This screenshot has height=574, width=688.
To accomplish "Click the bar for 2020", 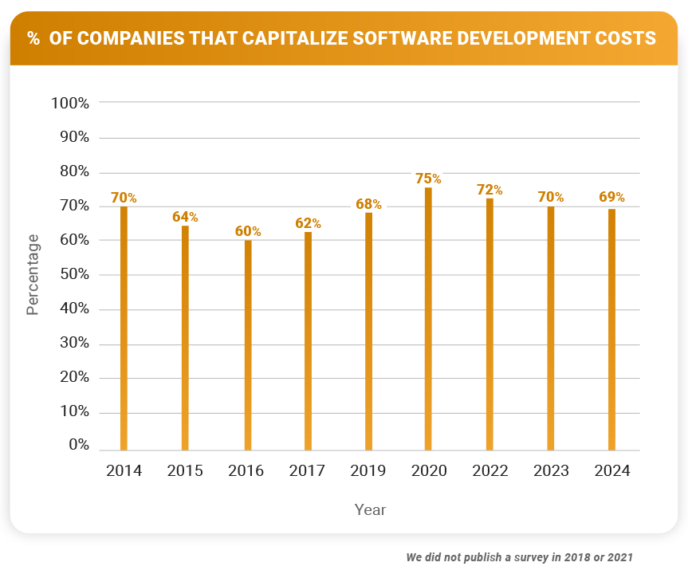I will [428, 319].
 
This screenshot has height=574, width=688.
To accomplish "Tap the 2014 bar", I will [124, 328].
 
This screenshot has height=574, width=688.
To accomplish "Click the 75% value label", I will [428, 179].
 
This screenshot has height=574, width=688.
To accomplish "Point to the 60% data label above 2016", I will [248, 231].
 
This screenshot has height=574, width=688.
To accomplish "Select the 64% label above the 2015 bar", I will [185, 217].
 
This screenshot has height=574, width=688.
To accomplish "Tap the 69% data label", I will [611, 197].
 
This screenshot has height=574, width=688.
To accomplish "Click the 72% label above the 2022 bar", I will [489, 190].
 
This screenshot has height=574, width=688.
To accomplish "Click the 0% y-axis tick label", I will [79, 445].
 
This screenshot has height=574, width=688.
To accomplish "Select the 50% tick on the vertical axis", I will [73, 275].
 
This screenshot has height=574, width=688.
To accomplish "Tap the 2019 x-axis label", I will [368, 471].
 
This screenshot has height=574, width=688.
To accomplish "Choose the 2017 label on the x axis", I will [307, 471].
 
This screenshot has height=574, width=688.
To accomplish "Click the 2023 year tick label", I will [551, 471].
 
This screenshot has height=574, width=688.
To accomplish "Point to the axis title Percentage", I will [33, 274].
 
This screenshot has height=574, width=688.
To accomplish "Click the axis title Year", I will [370, 509].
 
